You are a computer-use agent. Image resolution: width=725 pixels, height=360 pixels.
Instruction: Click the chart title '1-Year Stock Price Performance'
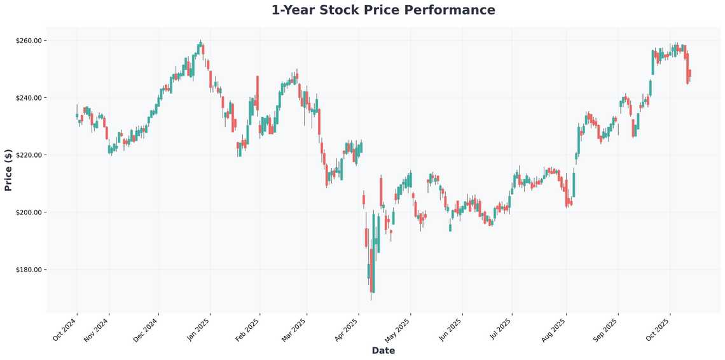pos(383,10)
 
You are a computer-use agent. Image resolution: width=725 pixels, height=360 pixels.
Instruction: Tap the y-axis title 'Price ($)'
pos(8,170)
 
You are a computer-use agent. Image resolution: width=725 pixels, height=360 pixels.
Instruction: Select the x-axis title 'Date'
pos(383,350)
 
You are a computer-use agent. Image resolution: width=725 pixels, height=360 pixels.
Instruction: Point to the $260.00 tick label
pos(29,41)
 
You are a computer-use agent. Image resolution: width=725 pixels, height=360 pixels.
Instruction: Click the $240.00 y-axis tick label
pos(29,98)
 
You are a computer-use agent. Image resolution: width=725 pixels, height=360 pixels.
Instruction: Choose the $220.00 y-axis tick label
pos(29,155)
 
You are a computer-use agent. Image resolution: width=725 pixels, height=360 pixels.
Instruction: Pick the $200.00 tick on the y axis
pos(29,212)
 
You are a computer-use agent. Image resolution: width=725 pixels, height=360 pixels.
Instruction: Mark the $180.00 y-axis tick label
pos(29,270)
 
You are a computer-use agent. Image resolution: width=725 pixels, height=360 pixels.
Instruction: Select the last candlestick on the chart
pos(689,74)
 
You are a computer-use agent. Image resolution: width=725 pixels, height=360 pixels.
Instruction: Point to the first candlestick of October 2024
pos(77,115)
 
